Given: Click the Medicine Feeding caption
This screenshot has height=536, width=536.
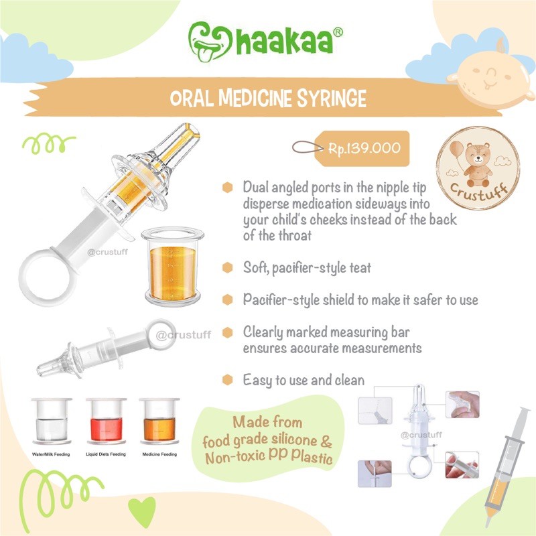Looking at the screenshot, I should (159, 453).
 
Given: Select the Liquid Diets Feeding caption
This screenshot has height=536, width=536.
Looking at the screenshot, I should (105, 453).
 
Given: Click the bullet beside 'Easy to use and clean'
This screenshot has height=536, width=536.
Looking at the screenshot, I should (228, 381).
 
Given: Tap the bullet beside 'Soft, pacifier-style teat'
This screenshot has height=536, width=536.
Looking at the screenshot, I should (228, 267).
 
